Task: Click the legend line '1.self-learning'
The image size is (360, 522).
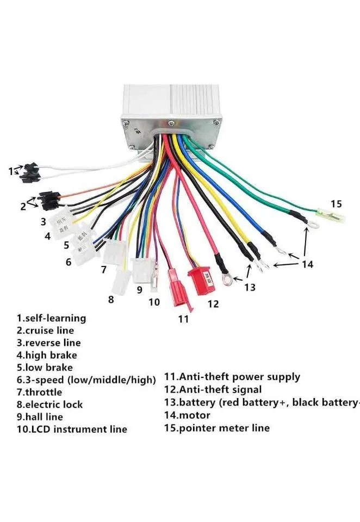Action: click(51, 318)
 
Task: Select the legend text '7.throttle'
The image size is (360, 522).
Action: click(39, 392)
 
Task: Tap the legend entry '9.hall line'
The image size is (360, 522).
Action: click(40, 417)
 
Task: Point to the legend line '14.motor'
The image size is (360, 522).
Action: click(187, 415)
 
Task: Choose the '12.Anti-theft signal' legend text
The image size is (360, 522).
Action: click(213, 389)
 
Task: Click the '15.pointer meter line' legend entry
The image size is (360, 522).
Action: click(216, 428)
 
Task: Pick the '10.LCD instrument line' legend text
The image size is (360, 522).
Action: click(71, 430)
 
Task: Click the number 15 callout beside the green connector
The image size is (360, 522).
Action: click(336, 204)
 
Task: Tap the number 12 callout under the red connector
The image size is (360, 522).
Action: click(213, 304)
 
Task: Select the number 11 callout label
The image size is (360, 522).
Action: click(183, 319)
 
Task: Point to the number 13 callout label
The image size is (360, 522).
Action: click(249, 287)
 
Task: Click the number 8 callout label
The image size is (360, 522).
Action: click(111, 299)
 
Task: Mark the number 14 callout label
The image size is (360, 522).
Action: click(307, 264)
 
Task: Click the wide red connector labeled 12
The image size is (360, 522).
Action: click(200, 281)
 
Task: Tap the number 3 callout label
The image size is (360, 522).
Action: click(43, 222)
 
